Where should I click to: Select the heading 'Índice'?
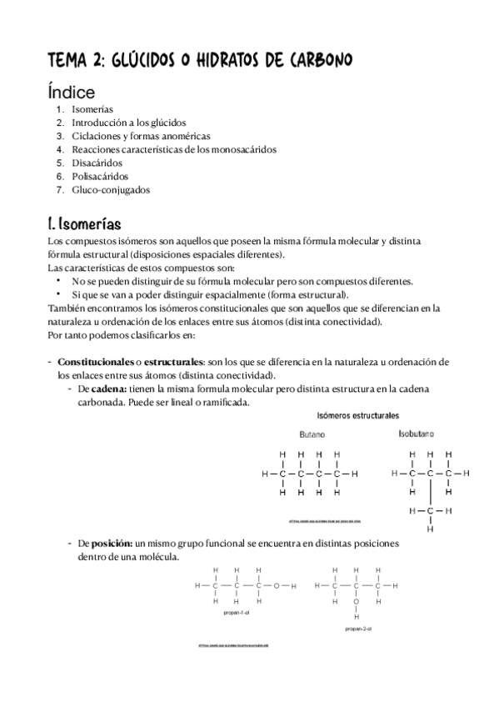(x=71, y=92)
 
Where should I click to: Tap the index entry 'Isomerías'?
(x=92, y=109)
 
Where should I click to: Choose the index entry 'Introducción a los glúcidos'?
(x=128, y=123)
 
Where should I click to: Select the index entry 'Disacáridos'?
(x=97, y=163)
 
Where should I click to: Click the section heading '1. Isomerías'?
(x=84, y=224)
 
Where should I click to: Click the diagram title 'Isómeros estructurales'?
(x=357, y=414)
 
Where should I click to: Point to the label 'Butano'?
(x=312, y=434)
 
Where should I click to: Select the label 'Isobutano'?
(x=416, y=434)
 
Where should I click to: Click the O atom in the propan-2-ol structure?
(x=356, y=600)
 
